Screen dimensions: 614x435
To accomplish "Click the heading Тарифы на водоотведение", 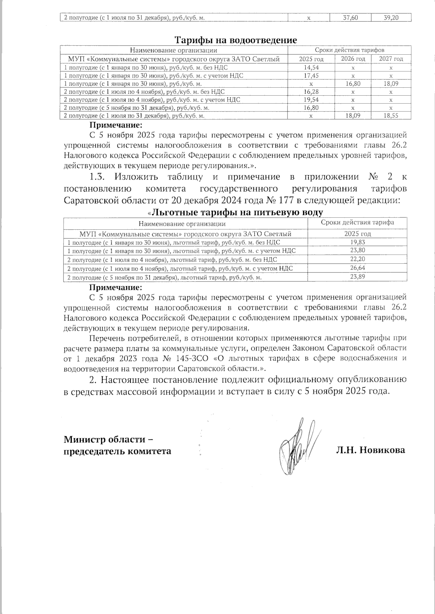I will coord(236,40).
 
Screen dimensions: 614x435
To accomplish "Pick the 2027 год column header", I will coord(391,59).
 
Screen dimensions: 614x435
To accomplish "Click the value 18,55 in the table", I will coord(391,116).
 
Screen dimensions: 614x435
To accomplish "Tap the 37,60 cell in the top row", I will coord(350,17).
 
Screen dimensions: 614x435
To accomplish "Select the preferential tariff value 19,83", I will coord(357,242).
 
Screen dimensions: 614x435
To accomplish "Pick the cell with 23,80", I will coord(357,250).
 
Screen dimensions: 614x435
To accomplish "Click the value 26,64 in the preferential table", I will coord(357,268).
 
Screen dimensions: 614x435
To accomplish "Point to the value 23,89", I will coord(357,277).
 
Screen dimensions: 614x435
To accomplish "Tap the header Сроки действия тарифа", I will coord(357,223).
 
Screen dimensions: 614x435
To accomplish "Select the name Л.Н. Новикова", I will coord(370,450).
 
